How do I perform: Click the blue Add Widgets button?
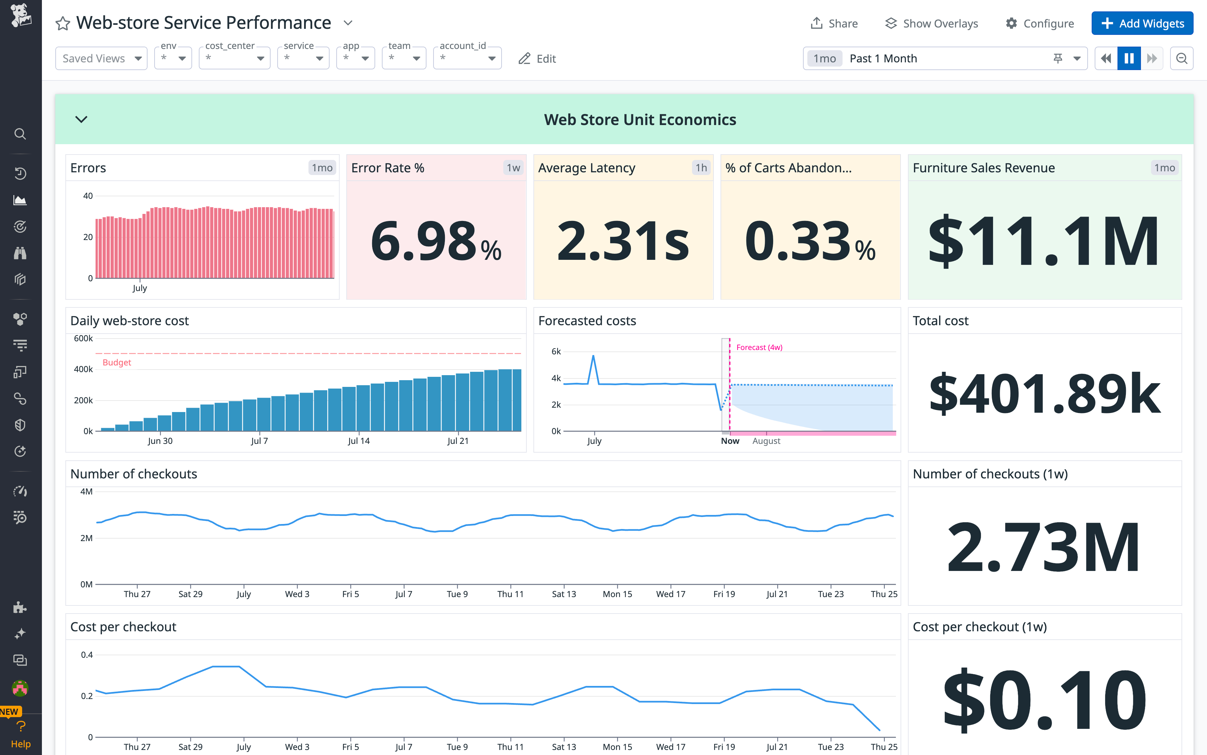[1142, 23]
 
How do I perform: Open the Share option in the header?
[834, 23]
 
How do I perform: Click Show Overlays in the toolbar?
[931, 23]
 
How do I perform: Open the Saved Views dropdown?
[101, 58]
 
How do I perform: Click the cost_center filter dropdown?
[234, 58]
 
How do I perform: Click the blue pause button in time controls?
[1129, 58]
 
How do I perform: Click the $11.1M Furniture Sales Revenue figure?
[1044, 241]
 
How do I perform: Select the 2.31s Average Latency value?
[623, 241]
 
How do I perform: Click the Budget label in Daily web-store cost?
[117, 362]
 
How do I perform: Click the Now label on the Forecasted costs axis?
[730, 441]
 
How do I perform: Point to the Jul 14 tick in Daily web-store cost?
[358, 441]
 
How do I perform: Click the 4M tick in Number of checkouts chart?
[87, 492]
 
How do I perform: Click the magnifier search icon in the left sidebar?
[20, 134]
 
